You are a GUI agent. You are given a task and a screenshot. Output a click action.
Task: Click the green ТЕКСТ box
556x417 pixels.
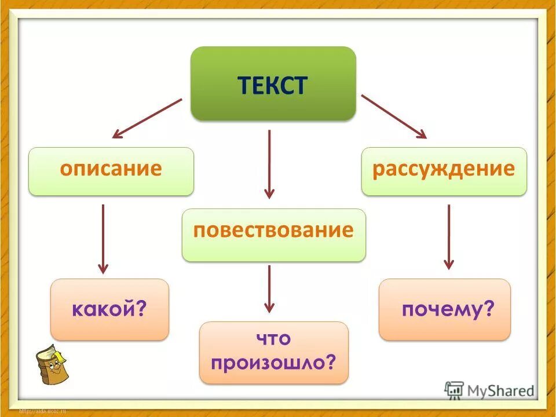click(273, 84)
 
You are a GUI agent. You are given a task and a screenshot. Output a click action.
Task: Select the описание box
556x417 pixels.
click(111, 171)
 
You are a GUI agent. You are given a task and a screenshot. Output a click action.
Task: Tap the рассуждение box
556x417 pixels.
click(444, 171)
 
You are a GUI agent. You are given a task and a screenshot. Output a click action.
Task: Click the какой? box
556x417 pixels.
click(109, 309)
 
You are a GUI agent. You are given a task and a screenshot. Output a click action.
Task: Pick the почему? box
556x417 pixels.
click(445, 309)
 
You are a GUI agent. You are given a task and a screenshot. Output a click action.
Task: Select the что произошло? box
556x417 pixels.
click(274, 352)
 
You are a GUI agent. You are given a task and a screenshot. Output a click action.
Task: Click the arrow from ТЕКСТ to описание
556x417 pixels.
click(147, 118)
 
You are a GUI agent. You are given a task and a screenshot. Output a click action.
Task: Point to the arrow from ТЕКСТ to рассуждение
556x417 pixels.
click(394, 117)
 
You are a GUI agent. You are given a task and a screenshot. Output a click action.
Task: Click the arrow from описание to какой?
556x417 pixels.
click(103, 239)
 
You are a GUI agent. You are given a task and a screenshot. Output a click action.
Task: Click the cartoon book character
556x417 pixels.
click(52, 365)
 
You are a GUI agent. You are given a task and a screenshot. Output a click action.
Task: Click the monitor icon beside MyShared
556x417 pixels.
click(455, 390)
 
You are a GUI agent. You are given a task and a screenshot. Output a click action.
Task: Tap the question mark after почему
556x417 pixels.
click(490, 310)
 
